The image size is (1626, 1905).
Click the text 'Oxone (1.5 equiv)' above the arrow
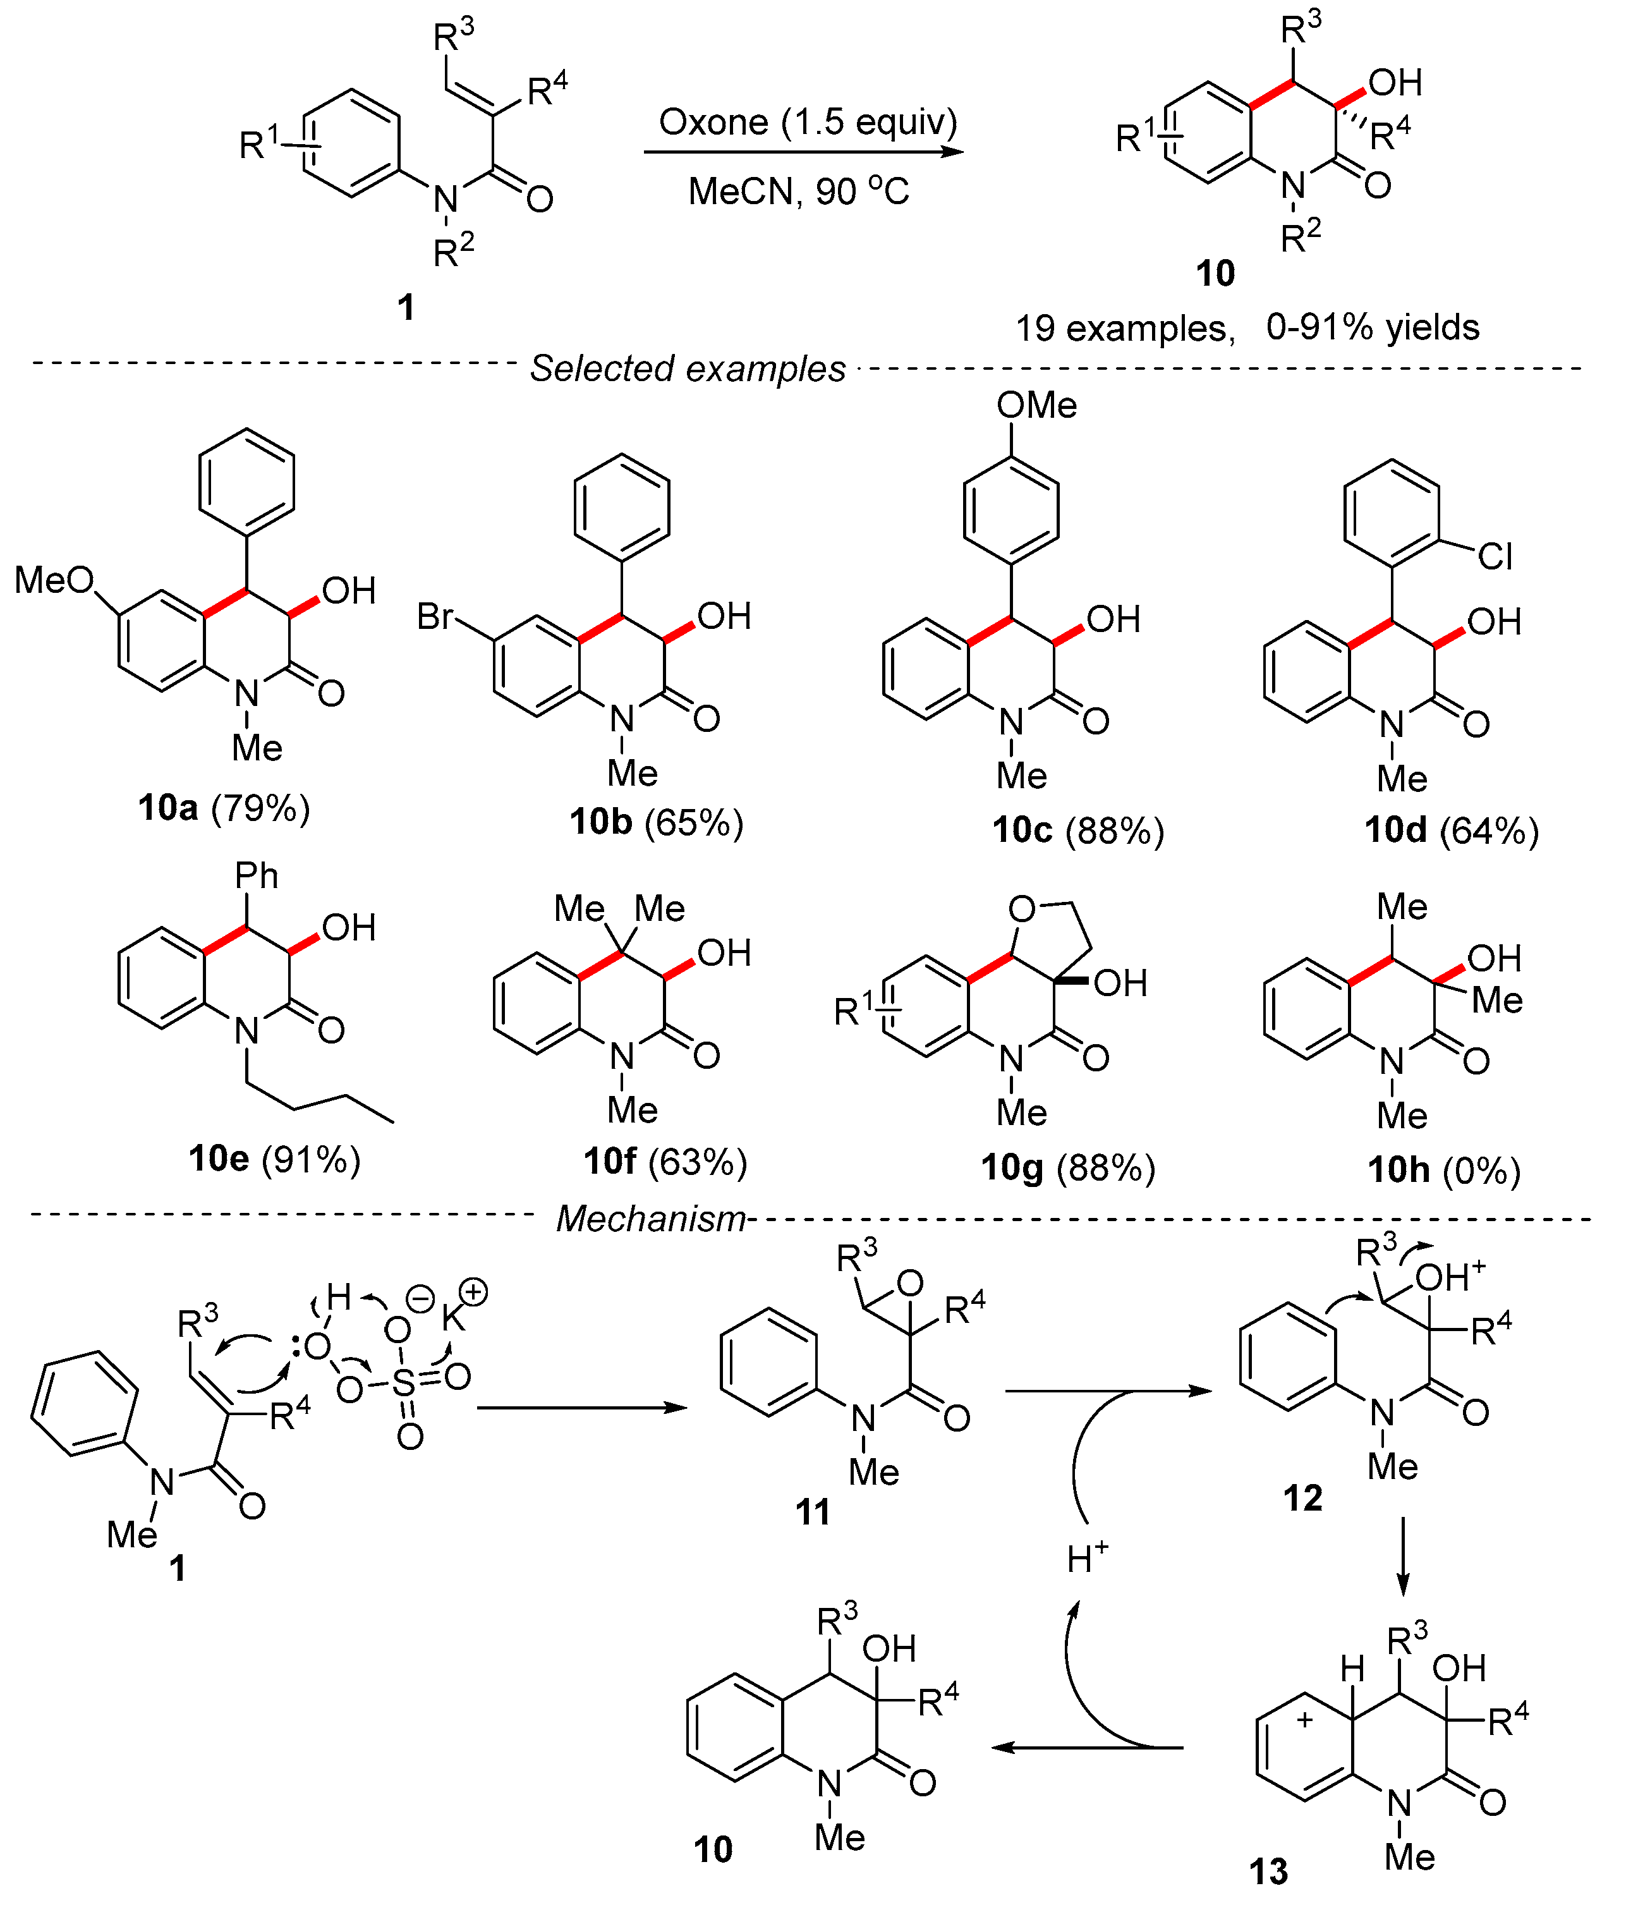[807, 122]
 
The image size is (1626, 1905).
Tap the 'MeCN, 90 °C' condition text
[798, 192]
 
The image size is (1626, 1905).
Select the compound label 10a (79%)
[223, 808]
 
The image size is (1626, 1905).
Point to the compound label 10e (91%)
[274, 1159]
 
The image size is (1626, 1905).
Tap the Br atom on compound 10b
[435, 616]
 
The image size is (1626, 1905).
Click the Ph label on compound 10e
[257, 876]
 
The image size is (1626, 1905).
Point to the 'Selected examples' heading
[688, 368]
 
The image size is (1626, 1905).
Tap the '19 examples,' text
[1125, 328]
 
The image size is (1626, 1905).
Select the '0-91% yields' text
[1373, 327]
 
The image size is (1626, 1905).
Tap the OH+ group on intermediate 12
[1450, 1277]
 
